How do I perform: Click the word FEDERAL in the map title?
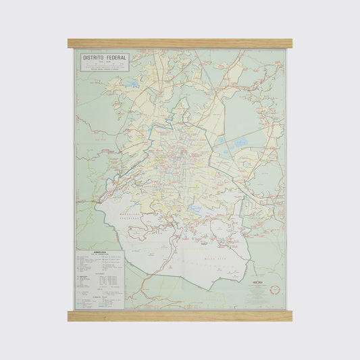coord(115,59)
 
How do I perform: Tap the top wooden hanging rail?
coord(180,43)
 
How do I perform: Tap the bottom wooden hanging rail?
coord(180,315)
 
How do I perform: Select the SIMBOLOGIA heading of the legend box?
coord(99,254)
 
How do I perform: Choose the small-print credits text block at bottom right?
coord(260,294)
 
